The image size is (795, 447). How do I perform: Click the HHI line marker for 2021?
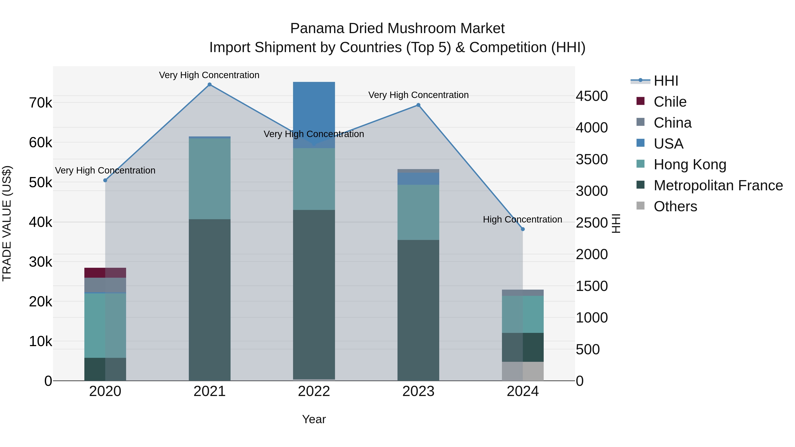pyautogui.click(x=210, y=85)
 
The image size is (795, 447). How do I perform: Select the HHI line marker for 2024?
pyautogui.click(x=523, y=229)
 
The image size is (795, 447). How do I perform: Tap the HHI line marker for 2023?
pyautogui.click(x=418, y=105)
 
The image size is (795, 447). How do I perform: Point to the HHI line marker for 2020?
pyautogui.click(x=105, y=181)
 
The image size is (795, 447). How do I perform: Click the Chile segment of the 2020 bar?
pyautogui.click(x=105, y=273)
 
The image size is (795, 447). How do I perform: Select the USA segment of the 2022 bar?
pyautogui.click(x=314, y=108)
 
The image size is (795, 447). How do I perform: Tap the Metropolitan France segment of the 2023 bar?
pyautogui.click(x=418, y=310)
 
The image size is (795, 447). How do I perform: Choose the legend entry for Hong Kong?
pyautogui.click(x=690, y=164)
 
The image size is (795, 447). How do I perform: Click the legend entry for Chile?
pyautogui.click(x=670, y=102)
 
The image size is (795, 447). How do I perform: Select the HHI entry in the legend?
pyautogui.click(x=666, y=81)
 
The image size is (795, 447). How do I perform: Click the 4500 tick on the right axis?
pyautogui.click(x=592, y=96)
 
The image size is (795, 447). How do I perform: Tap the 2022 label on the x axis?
pyautogui.click(x=314, y=391)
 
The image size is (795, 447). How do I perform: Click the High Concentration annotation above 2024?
pyautogui.click(x=522, y=219)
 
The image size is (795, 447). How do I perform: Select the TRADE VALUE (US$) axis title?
pyautogui.click(x=7, y=224)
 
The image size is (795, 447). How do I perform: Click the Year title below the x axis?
pyautogui.click(x=314, y=419)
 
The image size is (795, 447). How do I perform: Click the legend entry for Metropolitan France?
pyautogui.click(x=718, y=185)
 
